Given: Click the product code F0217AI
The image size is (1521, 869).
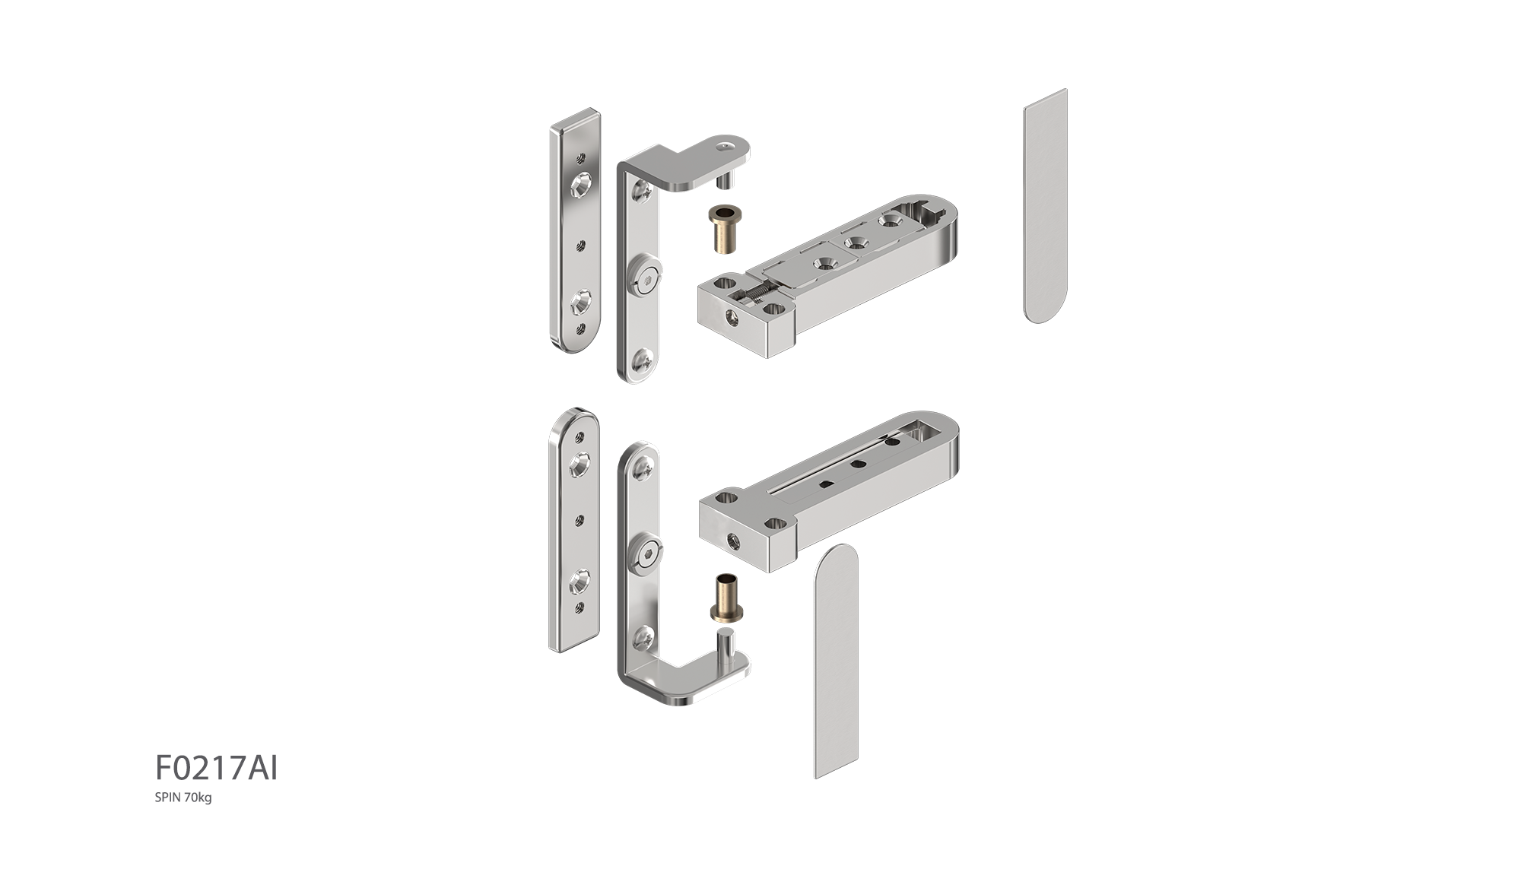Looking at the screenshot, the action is [217, 769].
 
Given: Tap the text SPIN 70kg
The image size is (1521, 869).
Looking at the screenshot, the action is [183, 798].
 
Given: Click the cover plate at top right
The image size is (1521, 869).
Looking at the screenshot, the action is [1046, 206].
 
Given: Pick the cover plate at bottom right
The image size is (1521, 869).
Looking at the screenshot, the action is [837, 661].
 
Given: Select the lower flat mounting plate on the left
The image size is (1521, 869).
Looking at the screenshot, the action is [575, 530].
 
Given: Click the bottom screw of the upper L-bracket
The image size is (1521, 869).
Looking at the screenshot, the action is [643, 360].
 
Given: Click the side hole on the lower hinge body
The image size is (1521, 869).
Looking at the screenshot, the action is [734, 542].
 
